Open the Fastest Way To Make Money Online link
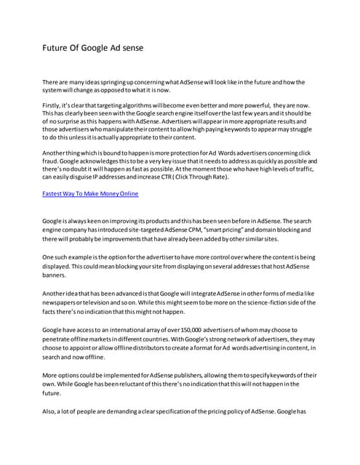90,194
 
